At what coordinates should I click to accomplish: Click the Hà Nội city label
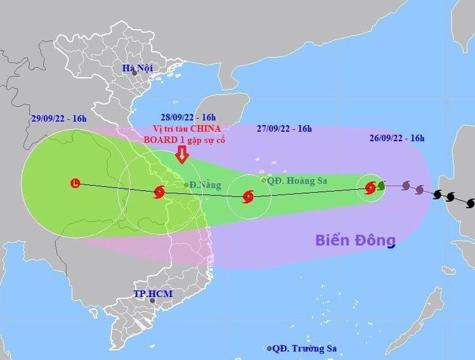[x=137, y=67]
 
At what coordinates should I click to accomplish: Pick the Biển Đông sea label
[x=355, y=239]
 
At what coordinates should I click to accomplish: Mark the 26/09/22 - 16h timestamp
[x=397, y=138]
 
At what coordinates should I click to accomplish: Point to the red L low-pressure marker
[x=75, y=183]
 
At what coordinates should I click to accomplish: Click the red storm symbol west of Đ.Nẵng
[x=159, y=192]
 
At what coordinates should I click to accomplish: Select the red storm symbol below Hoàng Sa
[x=248, y=197]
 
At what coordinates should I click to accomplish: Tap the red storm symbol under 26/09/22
[x=370, y=188]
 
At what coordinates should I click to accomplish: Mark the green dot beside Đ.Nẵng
[x=186, y=184]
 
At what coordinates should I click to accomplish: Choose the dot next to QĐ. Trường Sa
[x=270, y=348]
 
